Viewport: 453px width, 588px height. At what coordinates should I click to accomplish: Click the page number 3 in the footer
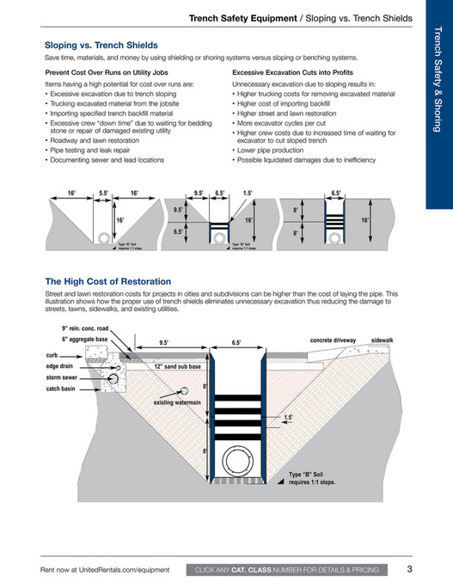click(x=409, y=568)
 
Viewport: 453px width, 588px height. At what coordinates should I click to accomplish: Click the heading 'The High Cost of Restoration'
click(x=107, y=281)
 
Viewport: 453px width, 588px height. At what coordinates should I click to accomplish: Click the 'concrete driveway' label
click(x=333, y=341)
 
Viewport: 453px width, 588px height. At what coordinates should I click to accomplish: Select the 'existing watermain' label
click(x=177, y=402)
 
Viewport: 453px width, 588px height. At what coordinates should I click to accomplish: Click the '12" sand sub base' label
click(x=177, y=365)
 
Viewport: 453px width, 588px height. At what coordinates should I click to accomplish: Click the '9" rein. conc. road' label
click(x=85, y=328)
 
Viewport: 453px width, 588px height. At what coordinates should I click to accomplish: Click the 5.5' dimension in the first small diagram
click(x=104, y=193)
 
